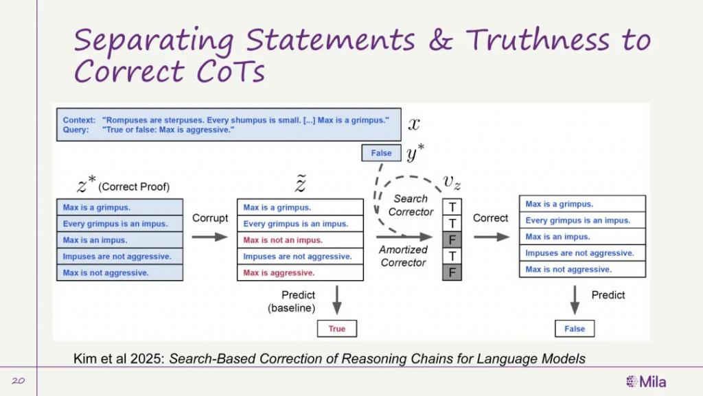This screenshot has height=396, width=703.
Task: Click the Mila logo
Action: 645,382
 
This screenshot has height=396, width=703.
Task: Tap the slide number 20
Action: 18,381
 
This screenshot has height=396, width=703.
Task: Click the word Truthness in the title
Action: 538,39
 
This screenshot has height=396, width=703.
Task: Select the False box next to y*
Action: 381,153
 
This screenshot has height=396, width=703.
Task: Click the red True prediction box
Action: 336,328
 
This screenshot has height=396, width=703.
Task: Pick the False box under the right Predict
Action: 575,328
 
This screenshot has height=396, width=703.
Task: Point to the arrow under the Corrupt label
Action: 210,237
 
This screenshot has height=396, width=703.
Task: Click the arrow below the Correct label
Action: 492,237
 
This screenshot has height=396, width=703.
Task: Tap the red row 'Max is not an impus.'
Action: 300,240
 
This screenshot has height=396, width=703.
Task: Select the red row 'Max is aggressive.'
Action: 300,273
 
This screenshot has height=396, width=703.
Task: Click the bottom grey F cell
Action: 452,272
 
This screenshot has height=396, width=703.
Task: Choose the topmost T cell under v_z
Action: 452,207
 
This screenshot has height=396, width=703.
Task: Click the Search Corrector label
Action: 411,205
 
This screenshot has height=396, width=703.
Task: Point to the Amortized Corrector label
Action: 403,256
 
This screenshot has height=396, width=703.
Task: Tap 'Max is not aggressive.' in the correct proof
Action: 119,273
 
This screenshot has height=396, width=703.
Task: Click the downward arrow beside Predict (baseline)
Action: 337,300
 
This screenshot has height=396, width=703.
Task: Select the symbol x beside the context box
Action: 414,124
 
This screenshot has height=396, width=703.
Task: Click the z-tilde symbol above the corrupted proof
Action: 300,184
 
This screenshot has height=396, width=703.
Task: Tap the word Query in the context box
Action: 76,130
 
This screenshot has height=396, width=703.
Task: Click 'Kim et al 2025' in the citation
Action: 119,359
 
